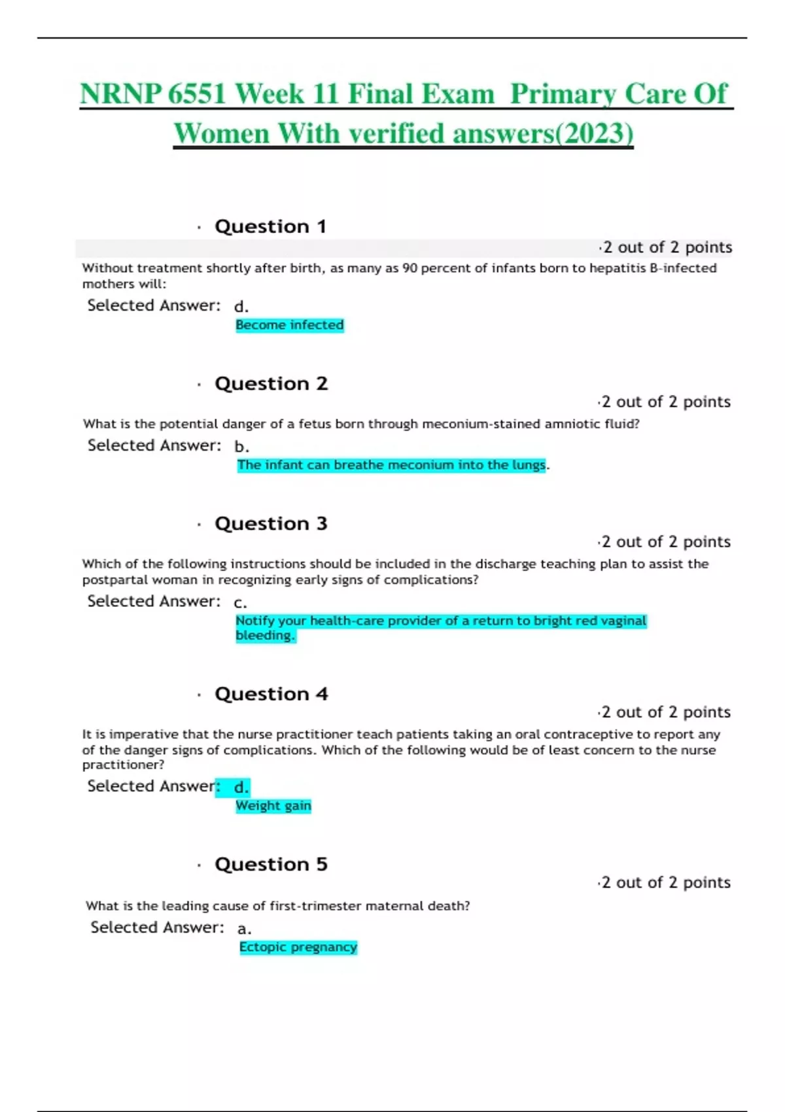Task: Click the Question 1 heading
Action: [270, 226]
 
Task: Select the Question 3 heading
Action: [271, 523]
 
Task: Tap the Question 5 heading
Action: [271, 864]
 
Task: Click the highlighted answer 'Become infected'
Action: [289, 325]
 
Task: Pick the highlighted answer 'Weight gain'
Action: [273, 806]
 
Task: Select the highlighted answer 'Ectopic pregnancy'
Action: [298, 947]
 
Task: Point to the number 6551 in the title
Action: [197, 94]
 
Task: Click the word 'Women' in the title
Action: [222, 134]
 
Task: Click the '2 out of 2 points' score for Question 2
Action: [665, 402]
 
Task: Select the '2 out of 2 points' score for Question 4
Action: [665, 712]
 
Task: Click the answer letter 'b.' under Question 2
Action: [241, 447]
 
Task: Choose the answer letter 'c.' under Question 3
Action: [240, 602]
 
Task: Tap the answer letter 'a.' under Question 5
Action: [244, 929]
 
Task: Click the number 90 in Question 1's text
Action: [410, 268]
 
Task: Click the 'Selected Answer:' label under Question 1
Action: [154, 305]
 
